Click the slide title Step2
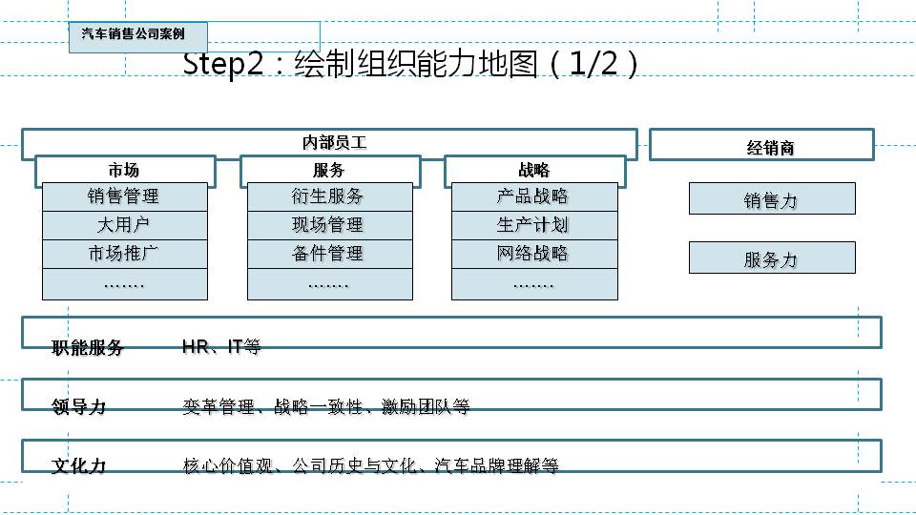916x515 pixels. [x=409, y=65]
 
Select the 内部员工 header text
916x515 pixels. [x=334, y=143]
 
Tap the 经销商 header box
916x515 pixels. [x=761, y=146]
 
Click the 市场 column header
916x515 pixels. [x=125, y=171]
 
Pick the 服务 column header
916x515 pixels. [x=329, y=171]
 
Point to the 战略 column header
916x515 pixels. [x=534, y=171]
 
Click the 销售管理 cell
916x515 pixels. [x=124, y=196]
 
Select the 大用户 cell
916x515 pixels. [x=124, y=225]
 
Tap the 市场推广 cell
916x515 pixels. [x=124, y=254]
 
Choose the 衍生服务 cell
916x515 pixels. [x=329, y=196]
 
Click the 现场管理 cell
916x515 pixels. [x=329, y=225]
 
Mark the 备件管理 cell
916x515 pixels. [x=329, y=254]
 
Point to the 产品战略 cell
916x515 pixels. [x=533, y=196]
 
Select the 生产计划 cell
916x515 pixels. [x=533, y=225]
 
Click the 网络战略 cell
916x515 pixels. [x=533, y=254]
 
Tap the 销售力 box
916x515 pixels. [x=772, y=199]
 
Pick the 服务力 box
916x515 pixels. [x=772, y=258]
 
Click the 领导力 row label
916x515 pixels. [x=78, y=407]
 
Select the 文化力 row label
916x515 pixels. [x=78, y=466]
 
